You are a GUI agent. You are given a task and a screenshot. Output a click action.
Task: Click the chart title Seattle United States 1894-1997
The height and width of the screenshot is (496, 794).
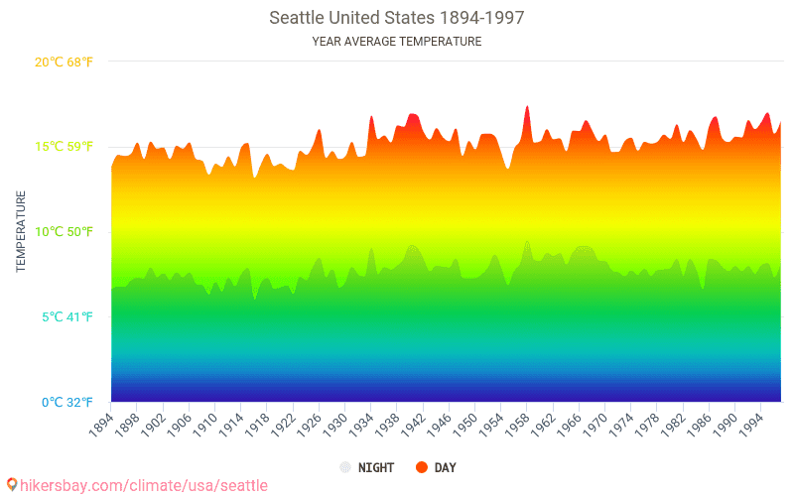coord(396,18)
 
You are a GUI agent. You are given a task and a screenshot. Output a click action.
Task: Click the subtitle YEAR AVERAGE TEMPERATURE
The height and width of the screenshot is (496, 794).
coord(396,42)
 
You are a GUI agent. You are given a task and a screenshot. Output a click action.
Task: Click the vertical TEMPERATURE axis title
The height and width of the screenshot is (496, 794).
coord(21,232)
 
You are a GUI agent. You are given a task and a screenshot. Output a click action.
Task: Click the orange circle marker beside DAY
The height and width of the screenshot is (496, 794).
coord(421,467)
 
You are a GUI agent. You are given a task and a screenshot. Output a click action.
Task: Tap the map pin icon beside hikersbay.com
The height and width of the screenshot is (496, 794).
coord(12,485)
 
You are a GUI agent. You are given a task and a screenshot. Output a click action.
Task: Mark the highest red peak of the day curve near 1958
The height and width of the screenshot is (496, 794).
coord(527,107)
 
